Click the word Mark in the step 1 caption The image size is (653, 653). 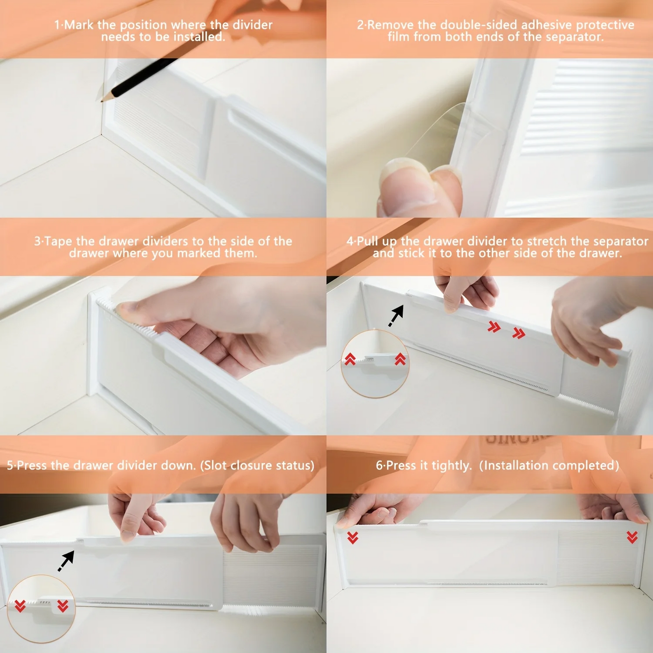79,25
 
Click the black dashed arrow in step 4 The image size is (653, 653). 396,315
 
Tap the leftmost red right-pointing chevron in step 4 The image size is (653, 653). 494,327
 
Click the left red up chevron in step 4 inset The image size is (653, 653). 350,359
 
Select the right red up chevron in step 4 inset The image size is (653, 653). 400,359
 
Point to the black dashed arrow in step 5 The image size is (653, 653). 66,561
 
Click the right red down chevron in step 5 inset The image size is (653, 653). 63,606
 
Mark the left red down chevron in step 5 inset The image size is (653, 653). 20,606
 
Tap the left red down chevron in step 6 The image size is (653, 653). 352,538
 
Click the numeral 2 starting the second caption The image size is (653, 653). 360,25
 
